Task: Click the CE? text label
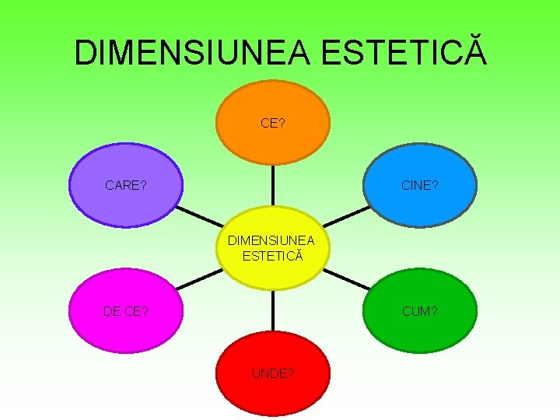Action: point(272,123)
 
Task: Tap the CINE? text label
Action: point(420,185)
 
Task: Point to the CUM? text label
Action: point(420,311)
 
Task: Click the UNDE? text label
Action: point(272,373)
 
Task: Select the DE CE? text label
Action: point(126,311)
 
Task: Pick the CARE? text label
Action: point(126,185)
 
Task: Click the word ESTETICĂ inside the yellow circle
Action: point(272,255)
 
